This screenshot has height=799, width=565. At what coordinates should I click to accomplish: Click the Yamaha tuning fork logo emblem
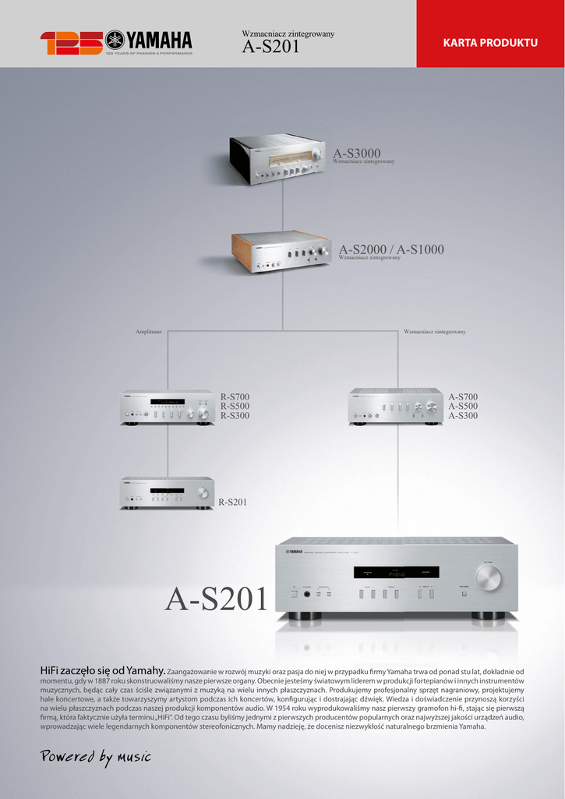click(115, 39)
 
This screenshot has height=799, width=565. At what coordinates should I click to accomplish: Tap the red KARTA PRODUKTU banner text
click(490, 42)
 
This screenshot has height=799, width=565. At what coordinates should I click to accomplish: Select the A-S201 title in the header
click(270, 48)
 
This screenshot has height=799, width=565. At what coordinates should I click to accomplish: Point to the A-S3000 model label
click(357, 153)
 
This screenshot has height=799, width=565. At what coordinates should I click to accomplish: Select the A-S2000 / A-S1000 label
click(391, 250)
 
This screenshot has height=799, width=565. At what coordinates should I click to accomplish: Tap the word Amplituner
click(149, 332)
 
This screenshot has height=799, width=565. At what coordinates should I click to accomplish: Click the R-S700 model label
click(235, 397)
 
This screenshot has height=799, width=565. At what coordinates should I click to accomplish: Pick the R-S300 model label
click(235, 416)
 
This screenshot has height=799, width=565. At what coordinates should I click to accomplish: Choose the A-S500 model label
click(463, 407)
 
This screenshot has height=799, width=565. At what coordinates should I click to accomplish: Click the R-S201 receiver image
click(167, 493)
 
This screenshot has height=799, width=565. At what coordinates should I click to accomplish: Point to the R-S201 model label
click(232, 502)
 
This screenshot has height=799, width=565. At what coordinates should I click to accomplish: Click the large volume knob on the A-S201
click(489, 578)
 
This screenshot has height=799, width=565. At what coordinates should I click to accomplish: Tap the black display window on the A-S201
click(396, 572)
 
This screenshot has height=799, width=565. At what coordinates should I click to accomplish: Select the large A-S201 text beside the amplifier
click(217, 598)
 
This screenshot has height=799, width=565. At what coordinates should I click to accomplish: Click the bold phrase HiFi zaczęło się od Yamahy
click(103, 670)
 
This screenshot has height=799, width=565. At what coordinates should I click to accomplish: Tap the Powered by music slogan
click(95, 756)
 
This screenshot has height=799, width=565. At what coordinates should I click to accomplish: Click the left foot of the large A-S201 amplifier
click(305, 616)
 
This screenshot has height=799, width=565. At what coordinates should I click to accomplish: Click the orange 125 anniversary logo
click(71, 43)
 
